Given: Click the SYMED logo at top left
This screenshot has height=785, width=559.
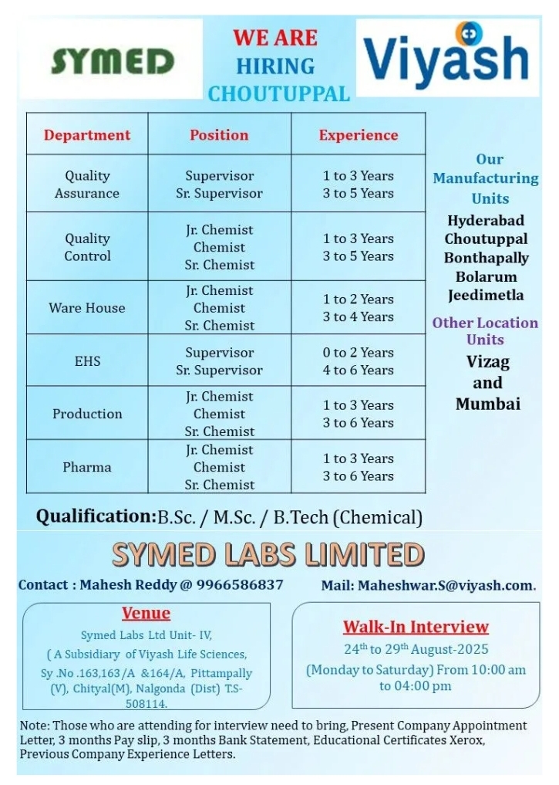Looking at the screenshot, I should tap(112, 61).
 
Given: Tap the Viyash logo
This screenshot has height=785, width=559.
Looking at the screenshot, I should tap(446, 58).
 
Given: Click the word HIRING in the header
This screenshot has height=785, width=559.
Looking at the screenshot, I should tap(275, 66).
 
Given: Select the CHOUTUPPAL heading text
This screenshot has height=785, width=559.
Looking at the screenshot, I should tap(278, 94).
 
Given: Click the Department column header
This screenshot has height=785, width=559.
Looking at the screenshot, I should tap(87, 135).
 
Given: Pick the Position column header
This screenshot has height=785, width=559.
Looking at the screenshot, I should tap(219, 135).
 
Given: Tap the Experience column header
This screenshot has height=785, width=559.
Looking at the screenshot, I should tap(359, 135).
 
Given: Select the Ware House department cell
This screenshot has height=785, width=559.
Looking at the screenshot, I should tap(87, 308).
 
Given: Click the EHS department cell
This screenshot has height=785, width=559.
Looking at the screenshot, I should tap(87, 360).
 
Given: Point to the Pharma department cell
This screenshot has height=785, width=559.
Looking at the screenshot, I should tap(87, 467).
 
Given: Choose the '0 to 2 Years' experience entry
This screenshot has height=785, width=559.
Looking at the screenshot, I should tap(359, 353).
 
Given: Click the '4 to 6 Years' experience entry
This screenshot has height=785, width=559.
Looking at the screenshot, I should tap(359, 371).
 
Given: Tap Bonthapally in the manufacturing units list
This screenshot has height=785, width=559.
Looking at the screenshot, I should tap(487, 258).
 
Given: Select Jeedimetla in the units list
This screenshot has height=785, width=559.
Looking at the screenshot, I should tap(487, 295).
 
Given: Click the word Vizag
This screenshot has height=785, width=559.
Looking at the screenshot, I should tap(487, 362).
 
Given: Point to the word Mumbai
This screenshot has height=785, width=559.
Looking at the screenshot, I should tap(487, 404).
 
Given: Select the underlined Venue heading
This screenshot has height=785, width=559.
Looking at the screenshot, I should tap(146, 614).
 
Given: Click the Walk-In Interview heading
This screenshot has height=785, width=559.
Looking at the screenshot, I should tap(416, 627).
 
